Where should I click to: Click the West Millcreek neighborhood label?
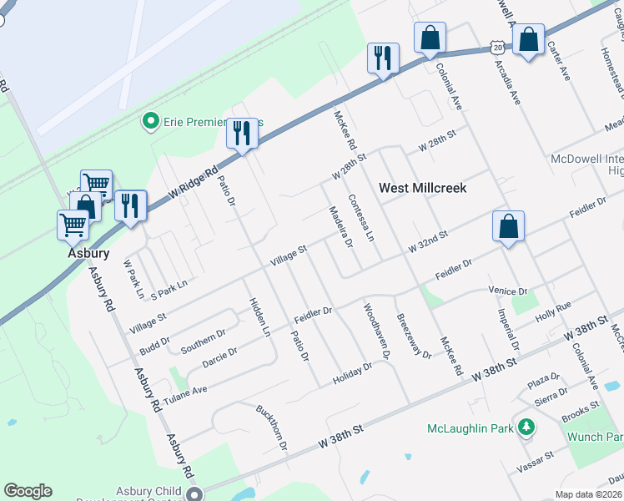pos(422,188)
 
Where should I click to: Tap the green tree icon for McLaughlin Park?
pos(526,428)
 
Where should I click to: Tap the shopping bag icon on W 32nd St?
pos(508,227)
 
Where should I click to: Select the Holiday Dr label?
pos(352,373)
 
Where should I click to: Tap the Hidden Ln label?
pos(258,317)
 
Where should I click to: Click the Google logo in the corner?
pos(28,491)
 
